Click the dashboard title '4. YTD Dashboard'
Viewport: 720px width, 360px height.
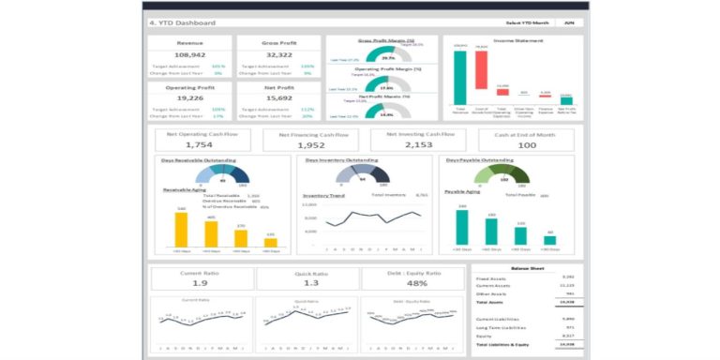click(x=182, y=22)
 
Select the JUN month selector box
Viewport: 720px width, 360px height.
click(x=569, y=22)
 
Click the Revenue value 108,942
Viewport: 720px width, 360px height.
click(x=190, y=55)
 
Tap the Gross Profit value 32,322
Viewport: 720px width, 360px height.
click(x=274, y=55)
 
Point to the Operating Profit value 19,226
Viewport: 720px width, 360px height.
click(x=190, y=98)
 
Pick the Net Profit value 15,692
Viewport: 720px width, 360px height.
click(x=274, y=98)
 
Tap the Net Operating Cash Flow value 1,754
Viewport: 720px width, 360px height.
click(x=200, y=145)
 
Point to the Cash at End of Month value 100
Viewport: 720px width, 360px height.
click(x=527, y=145)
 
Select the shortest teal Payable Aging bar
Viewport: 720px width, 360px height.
click(x=549, y=240)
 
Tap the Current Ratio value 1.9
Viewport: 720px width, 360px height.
click(x=200, y=282)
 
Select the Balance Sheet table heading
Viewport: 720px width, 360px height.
click(x=525, y=268)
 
